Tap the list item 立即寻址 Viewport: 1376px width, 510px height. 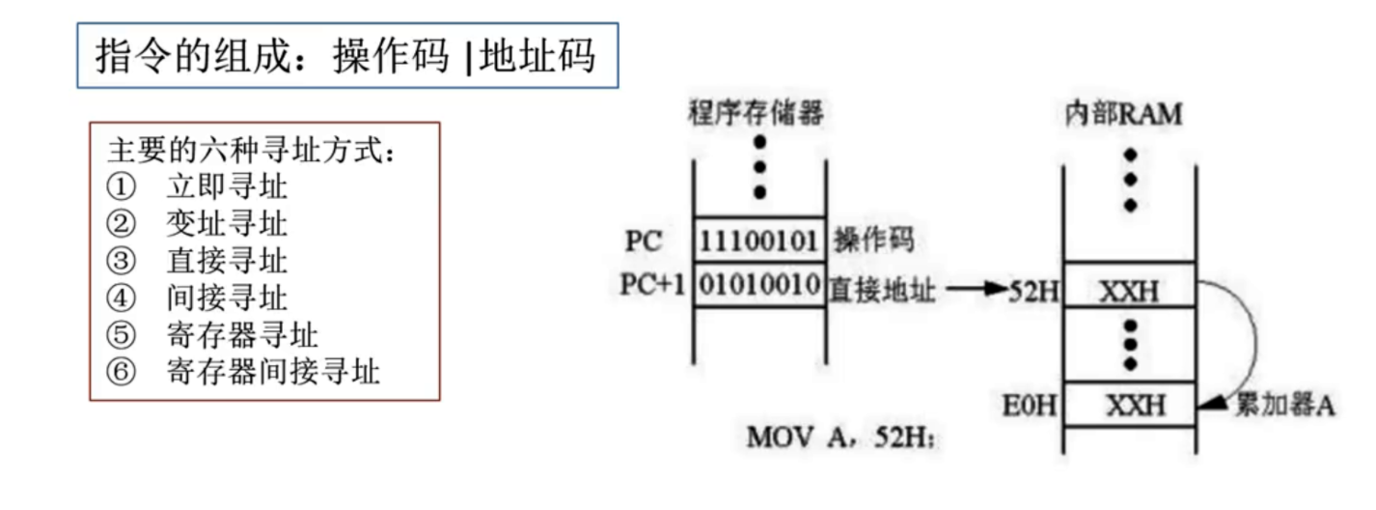pyautogui.click(x=227, y=186)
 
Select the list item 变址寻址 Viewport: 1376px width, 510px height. pyautogui.click(x=227, y=224)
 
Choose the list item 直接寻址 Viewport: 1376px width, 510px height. pyautogui.click(x=227, y=261)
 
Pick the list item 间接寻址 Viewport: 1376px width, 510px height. pyautogui.click(x=227, y=297)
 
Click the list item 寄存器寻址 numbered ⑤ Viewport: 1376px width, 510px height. pyautogui.click(x=242, y=334)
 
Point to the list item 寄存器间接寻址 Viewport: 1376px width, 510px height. pyautogui.click(x=273, y=371)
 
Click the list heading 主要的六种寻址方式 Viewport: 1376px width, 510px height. pyautogui.click(x=252, y=151)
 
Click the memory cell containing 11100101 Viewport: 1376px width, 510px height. pyautogui.click(x=759, y=240)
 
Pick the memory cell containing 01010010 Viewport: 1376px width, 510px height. pyautogui.click(x=759, y=286)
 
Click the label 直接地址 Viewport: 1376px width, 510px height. pyautogui.click(x=882, y=287)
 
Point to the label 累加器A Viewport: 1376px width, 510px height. pyautogui.click(x=1285, y=405)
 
